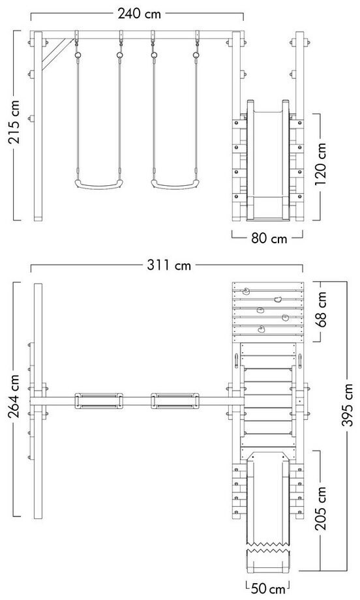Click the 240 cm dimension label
point(140,14)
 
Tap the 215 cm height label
point(15,122)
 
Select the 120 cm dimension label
point(321,164)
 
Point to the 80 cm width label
point(269,239)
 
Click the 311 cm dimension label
point(169,265)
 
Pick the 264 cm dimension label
point(15,397)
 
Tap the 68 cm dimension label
point(321,308)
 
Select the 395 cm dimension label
point(347,404)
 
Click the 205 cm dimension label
point(321,508)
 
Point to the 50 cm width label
point(269,588)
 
